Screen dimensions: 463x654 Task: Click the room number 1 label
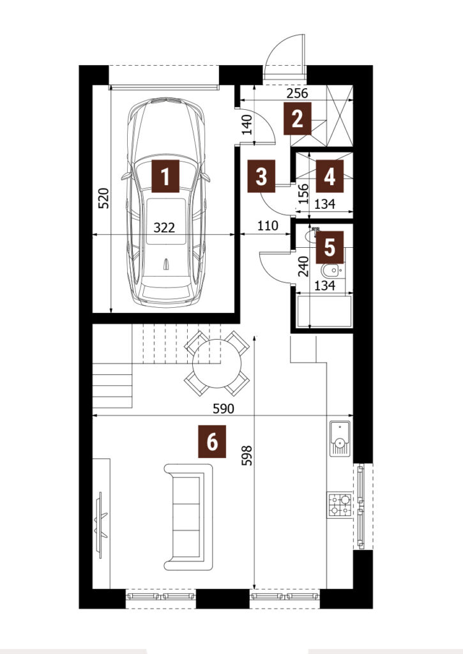pyautogui.click(x=165, y=176)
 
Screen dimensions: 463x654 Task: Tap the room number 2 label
pyautogui.click(x=298, y=119)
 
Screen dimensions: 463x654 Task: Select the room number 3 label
pyautogui.click(x=261, y=176)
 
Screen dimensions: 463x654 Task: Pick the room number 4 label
pyautogui.click(x=330, y=176)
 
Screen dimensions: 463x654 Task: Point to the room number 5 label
pyautogui.click(x=330, y=247)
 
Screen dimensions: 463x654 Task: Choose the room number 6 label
pyautogui.click(x=212, y=441)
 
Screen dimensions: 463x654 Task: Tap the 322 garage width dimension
pyautogui.click(x=164, y=228)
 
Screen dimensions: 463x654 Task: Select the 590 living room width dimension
pyautogui.click(x=223, y=409)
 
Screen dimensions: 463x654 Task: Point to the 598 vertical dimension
pyautogui.click(x=247, y=455)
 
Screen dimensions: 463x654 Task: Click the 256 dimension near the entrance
pyautogui.click(x=298, y=93)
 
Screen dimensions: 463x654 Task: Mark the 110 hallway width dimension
pyautogui.click(x=268, y=225)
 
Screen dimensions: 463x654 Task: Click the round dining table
pyautogui.click(x=217, y=363)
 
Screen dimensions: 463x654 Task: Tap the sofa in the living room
pyautogui.click(x=188, y=517)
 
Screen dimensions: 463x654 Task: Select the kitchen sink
pyautogui.click(x=340, y=438)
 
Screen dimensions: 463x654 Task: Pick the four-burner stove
pyautogui.click(x=340, y=505)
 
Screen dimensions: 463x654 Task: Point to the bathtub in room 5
pyautogui.click(x=324, y=311)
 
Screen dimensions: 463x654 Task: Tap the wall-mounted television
pyautogui.click(x=101, y=525)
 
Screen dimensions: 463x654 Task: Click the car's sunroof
pyautogui.click(x=166, y=221)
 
